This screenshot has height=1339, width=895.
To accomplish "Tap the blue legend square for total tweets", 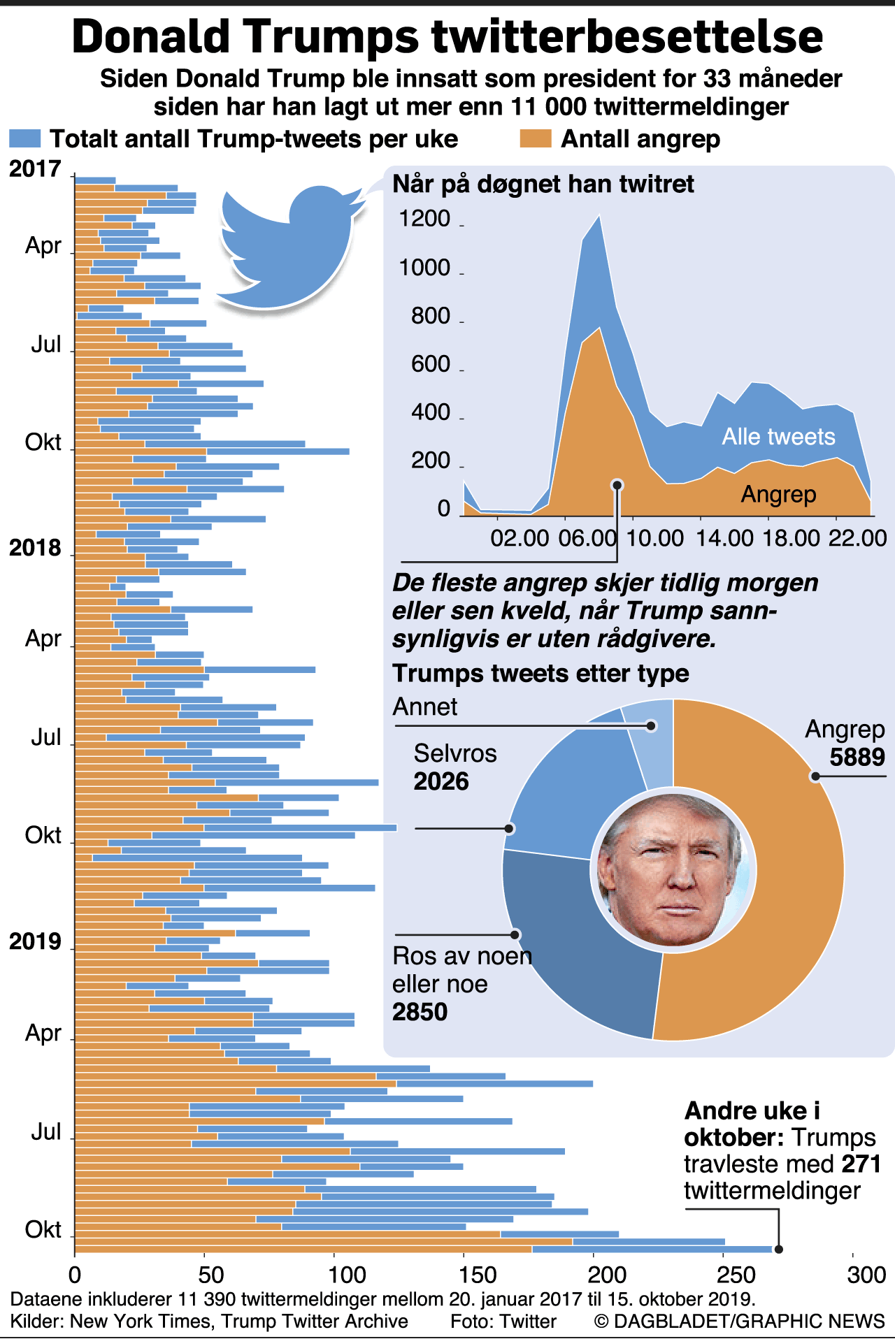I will click(24, 138).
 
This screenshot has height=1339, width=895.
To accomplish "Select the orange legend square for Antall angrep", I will click(536, 138).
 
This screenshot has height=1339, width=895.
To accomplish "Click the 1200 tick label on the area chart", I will click(424, 219).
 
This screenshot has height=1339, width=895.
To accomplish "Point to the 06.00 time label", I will click(587, 538).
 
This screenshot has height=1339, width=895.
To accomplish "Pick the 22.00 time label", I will click(857, 538).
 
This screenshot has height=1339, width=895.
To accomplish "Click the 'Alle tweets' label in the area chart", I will click(778, 437).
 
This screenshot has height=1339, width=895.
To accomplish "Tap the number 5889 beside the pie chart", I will click(857, 758).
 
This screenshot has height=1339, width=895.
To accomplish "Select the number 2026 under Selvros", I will click(441, 781).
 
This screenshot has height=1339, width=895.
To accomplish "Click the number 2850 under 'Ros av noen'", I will click(420, 1012).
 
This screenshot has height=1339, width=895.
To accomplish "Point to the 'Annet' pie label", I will click(425, 707).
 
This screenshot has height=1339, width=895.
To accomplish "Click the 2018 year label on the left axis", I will click(35, 549).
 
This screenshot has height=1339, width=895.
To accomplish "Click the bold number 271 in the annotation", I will click(861, 1164).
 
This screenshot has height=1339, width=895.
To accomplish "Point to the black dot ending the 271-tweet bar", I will click(779, 1250).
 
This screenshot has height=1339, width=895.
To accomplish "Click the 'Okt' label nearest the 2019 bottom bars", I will click(43, 1229).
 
